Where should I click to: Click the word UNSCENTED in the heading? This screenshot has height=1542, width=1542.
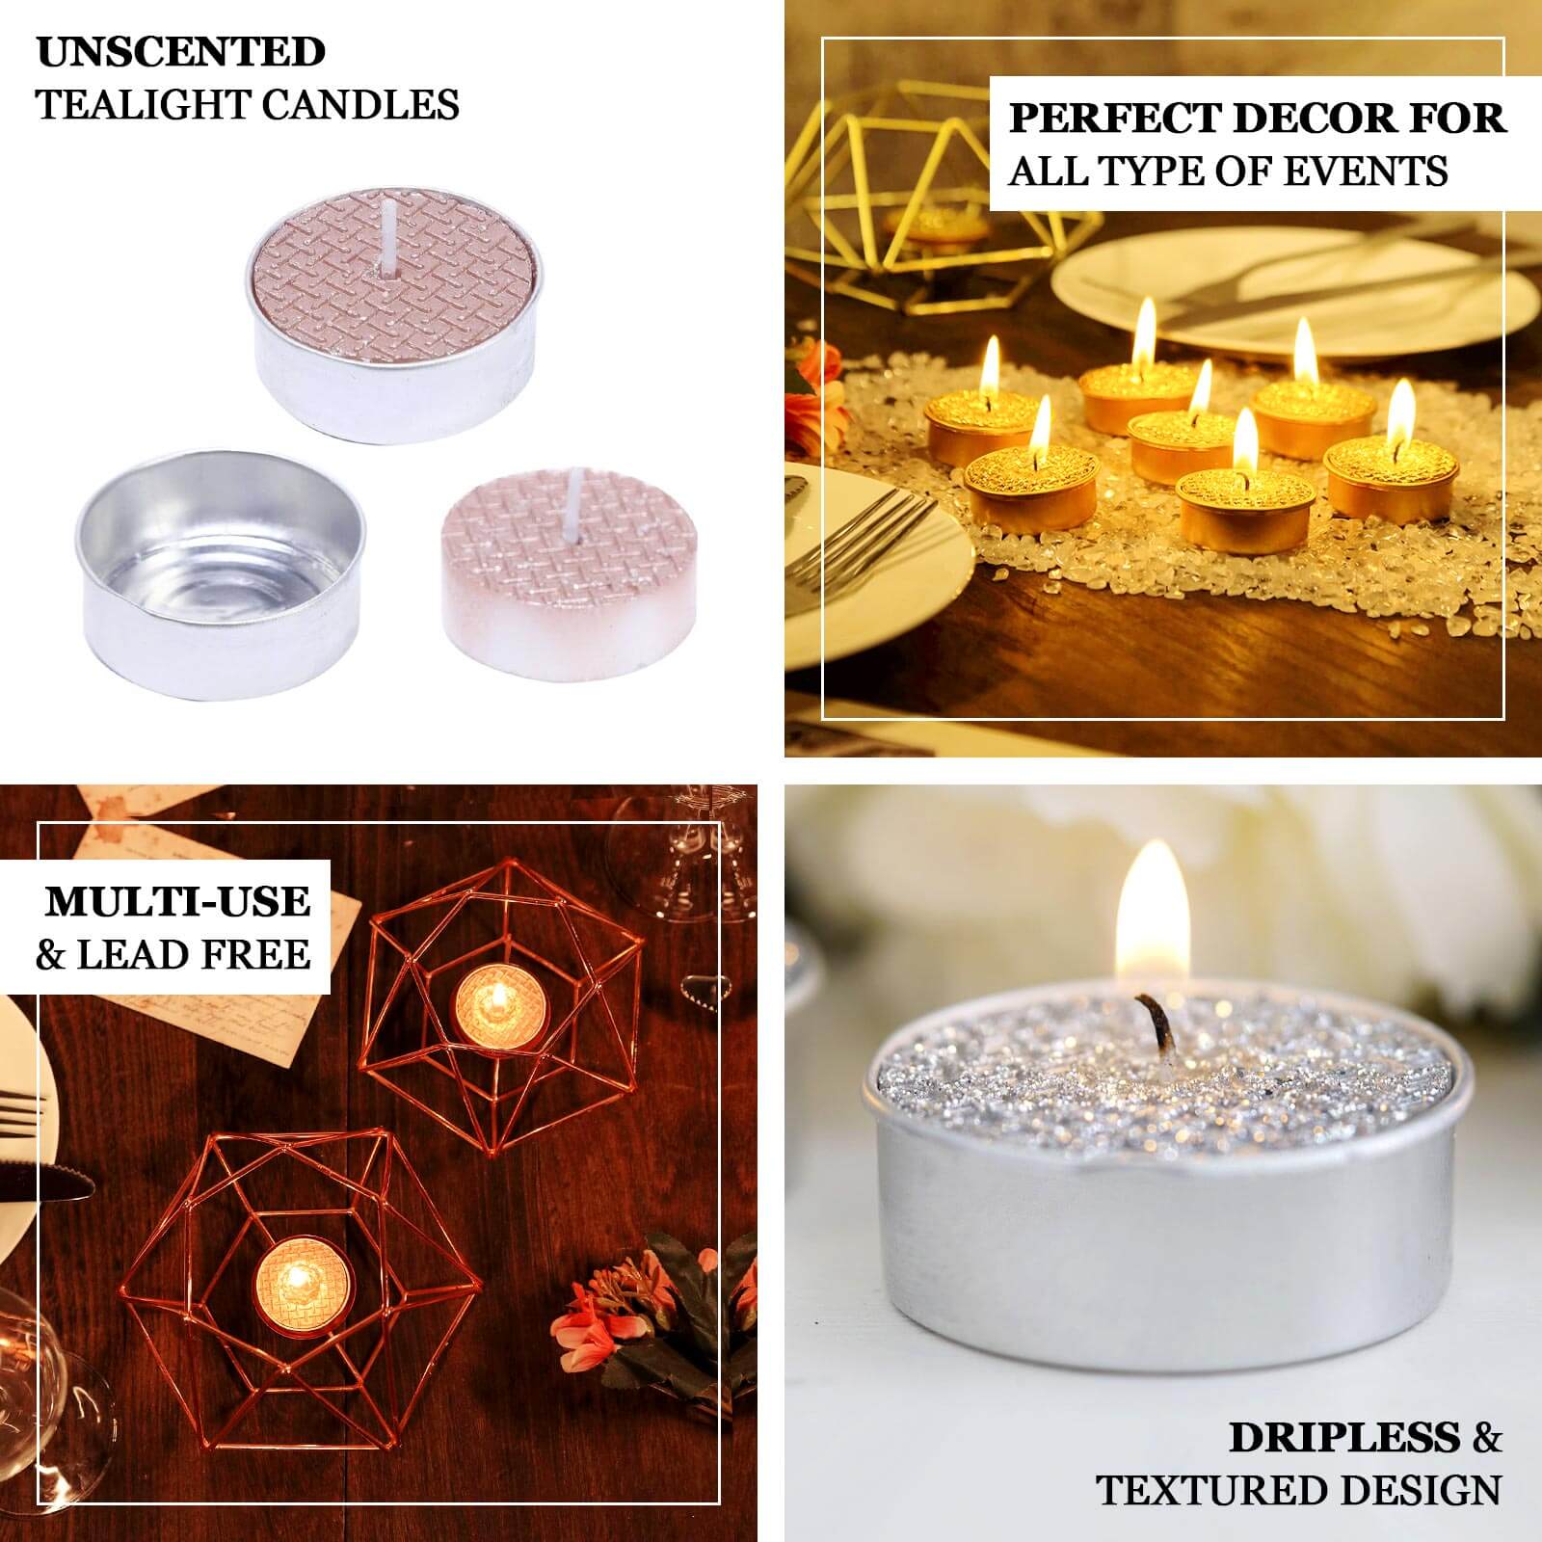pyautogui.click(x=181, y=52)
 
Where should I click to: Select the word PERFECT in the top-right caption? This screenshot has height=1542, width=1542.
pyautogui.click(x=1114, y=119)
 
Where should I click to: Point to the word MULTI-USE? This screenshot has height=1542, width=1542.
pyautogui.click(x=178, y=902)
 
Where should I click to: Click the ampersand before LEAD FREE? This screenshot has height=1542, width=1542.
pyautogui.click(x=50, y=956)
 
